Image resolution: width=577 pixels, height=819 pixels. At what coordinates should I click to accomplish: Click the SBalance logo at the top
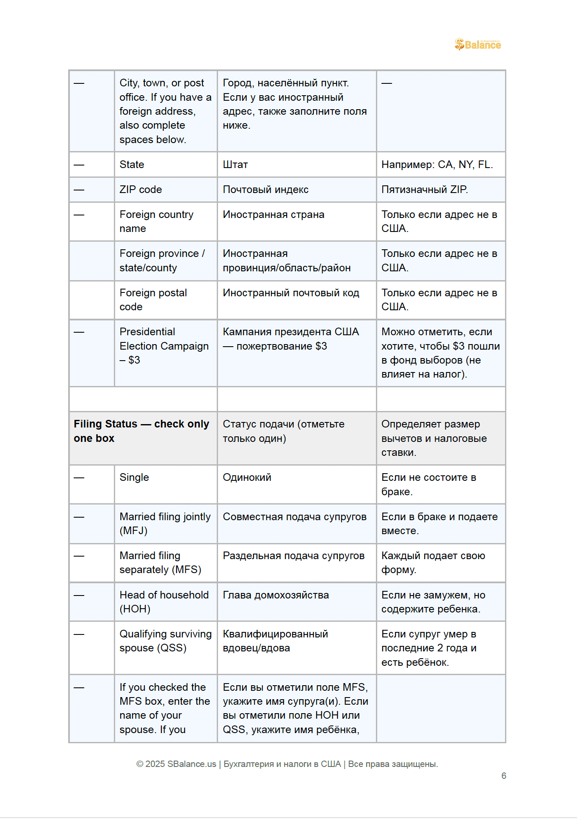click(x=478, y=44)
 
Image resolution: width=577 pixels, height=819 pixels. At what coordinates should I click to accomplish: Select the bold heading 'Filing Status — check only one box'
click(x=141, y=431)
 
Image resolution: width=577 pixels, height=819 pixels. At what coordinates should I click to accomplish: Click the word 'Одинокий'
click(x=247, y=477)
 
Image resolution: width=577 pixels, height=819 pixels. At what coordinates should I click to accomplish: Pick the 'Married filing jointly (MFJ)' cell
click(x=165, y=524)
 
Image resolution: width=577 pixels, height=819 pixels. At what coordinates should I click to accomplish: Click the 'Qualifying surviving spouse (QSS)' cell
click(x=165, y=641)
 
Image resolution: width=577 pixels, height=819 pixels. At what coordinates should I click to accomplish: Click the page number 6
click(x=504, y=776)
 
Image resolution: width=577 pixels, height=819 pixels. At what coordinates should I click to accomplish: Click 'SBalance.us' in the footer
click(x=191, y=764)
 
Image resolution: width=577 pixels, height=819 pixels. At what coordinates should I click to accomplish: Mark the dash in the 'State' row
click(x=79, y=165)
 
